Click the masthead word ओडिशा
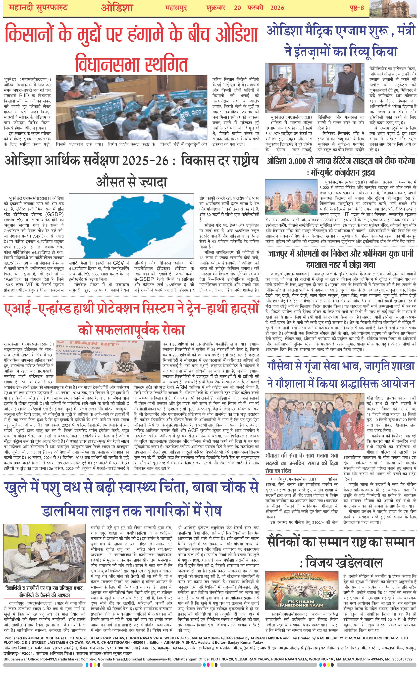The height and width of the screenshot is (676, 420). (117, 8)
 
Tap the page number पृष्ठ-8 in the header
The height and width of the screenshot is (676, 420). (357, 8)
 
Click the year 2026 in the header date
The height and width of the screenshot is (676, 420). (277, 8)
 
